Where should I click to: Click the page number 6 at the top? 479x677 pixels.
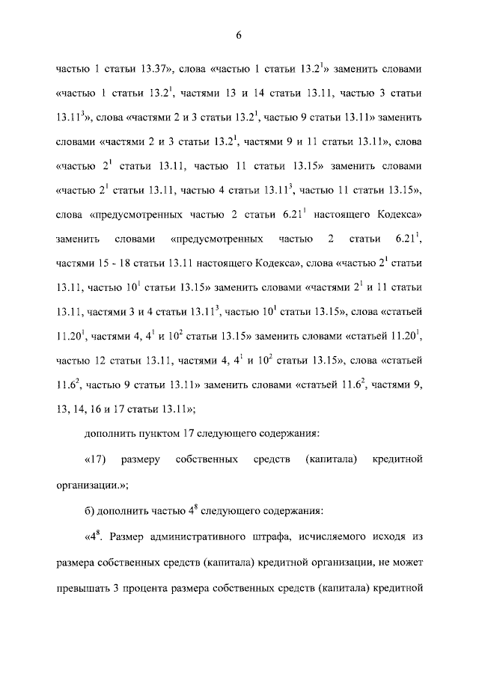coord(239,36)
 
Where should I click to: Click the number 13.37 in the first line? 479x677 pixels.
coord(154,70)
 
